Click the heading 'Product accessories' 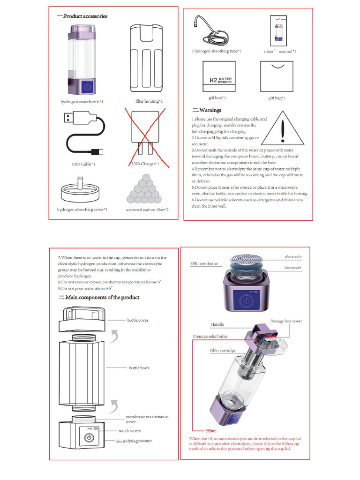(x=82, y=16)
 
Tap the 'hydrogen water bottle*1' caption (x=82, y=101)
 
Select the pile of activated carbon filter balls (x=147, y=189)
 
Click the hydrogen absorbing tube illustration (x=215, y=31)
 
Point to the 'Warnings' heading (x=207, y=110)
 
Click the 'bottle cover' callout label (x=138, y=320)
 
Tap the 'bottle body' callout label (x=139, y=368)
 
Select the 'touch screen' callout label (x=129, y=431)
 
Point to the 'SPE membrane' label (x=204, y=264)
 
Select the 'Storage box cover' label (x=286, y=321)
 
